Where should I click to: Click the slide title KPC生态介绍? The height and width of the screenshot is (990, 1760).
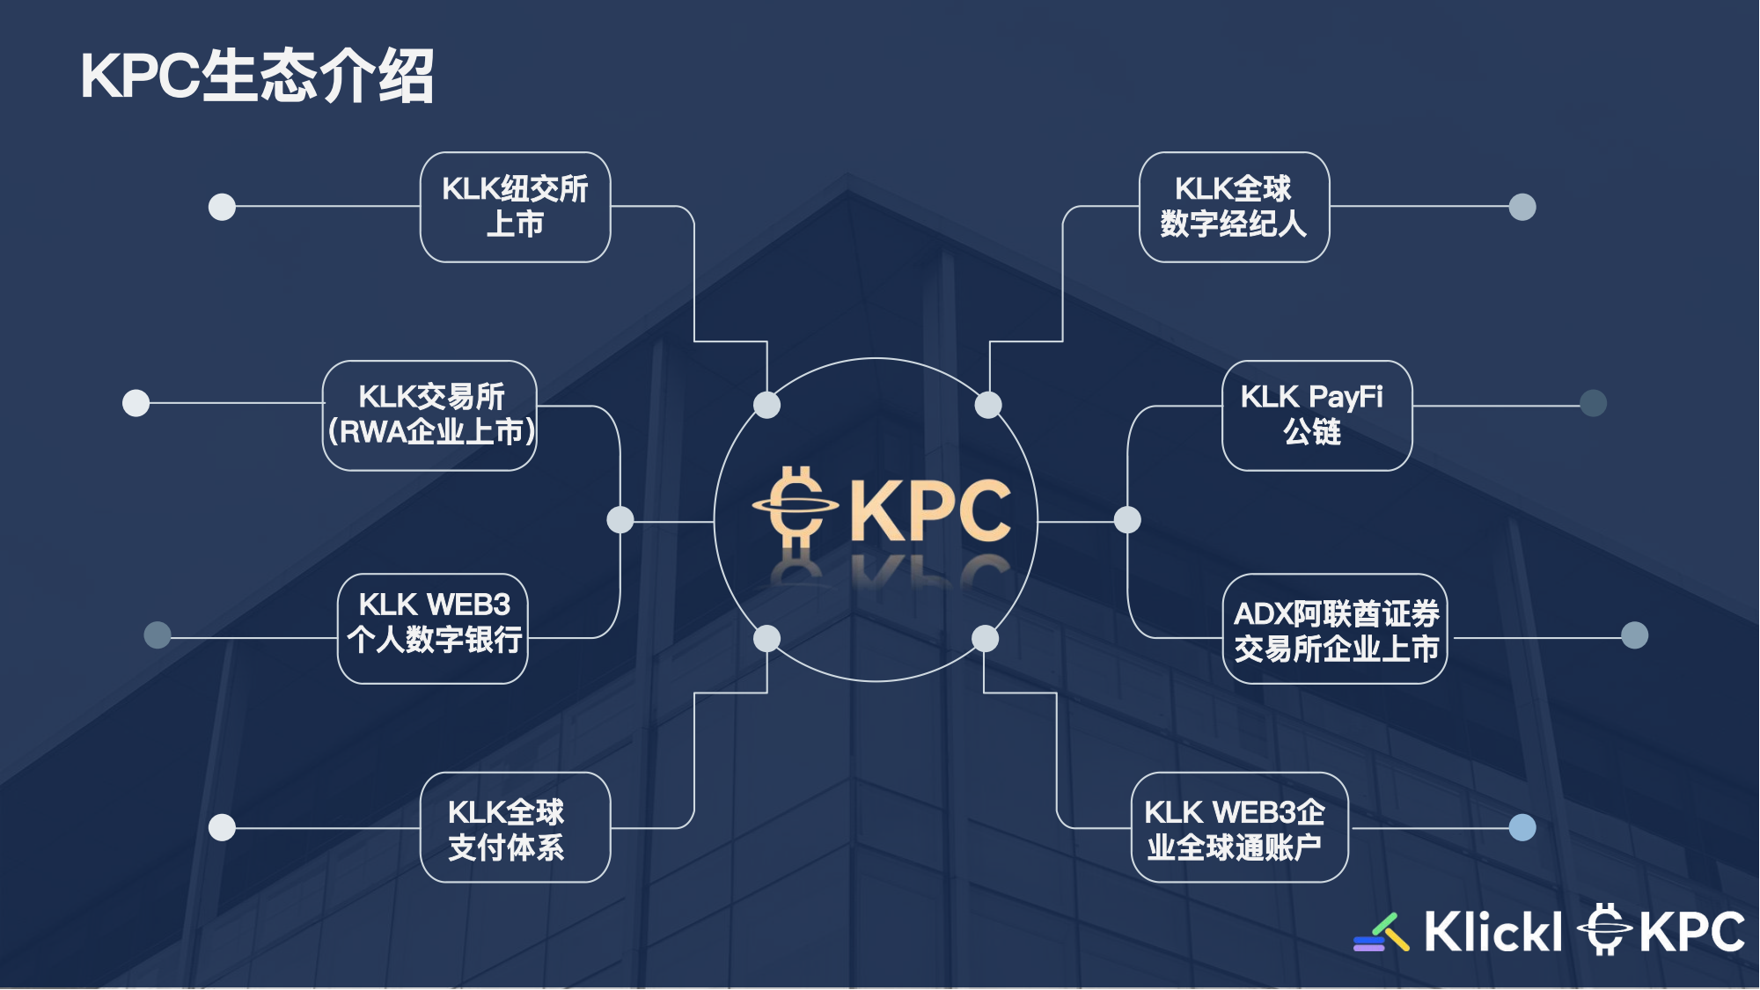tap(257, 77)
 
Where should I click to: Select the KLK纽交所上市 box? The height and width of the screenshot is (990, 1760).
tap(516, 207)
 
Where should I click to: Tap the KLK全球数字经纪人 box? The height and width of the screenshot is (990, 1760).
tap(1234, 207)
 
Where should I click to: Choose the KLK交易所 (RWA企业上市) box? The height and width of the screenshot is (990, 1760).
tap(430, 415)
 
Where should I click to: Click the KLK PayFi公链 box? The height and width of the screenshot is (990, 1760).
tap(1316, 415)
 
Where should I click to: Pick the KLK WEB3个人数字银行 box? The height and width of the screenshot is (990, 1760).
tap(433, 628)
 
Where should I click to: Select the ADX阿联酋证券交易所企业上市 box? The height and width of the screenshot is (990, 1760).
tap(1335, 628)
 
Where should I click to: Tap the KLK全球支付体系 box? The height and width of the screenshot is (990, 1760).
tap(516, 827)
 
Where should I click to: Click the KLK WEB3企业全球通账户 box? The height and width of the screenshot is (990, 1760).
tap(1239, 827)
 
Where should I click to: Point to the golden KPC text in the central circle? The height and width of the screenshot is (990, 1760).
tap(930, 512)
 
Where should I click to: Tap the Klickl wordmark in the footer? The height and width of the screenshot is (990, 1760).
tap(1492, 932)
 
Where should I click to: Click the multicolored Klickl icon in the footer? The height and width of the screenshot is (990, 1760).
tap(1382, 934)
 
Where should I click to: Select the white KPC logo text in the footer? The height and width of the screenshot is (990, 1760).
tap(1691, 932)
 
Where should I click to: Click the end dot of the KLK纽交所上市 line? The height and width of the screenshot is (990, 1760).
tap(222, 207)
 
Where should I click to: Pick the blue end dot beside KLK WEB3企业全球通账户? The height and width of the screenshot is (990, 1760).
tap(1522, 827)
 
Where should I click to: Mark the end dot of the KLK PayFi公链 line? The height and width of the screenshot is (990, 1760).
tap(1593, 403)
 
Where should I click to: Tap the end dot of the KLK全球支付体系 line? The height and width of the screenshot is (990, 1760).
tap(222, 827)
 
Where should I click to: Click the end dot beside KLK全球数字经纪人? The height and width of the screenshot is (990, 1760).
tap(1522, 207)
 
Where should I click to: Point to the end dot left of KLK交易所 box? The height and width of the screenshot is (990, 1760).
tap(136, 403)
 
